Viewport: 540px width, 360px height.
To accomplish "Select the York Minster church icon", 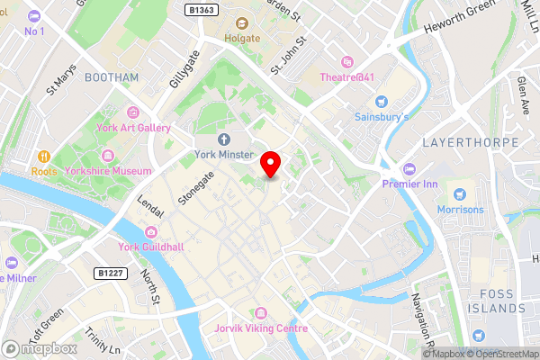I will pos(224,139).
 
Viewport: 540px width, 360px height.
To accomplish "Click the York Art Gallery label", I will pos(134,128).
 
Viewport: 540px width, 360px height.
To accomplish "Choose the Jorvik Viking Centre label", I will pos(261,328).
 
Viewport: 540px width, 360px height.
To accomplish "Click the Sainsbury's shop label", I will pos(381,117).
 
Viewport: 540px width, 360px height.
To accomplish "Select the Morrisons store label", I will pos(462,210).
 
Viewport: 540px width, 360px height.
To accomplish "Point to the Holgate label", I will pos(241,39).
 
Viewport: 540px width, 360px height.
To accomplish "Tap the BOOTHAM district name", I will pos(112,77).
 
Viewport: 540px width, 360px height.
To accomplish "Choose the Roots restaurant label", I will pos(43,171).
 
